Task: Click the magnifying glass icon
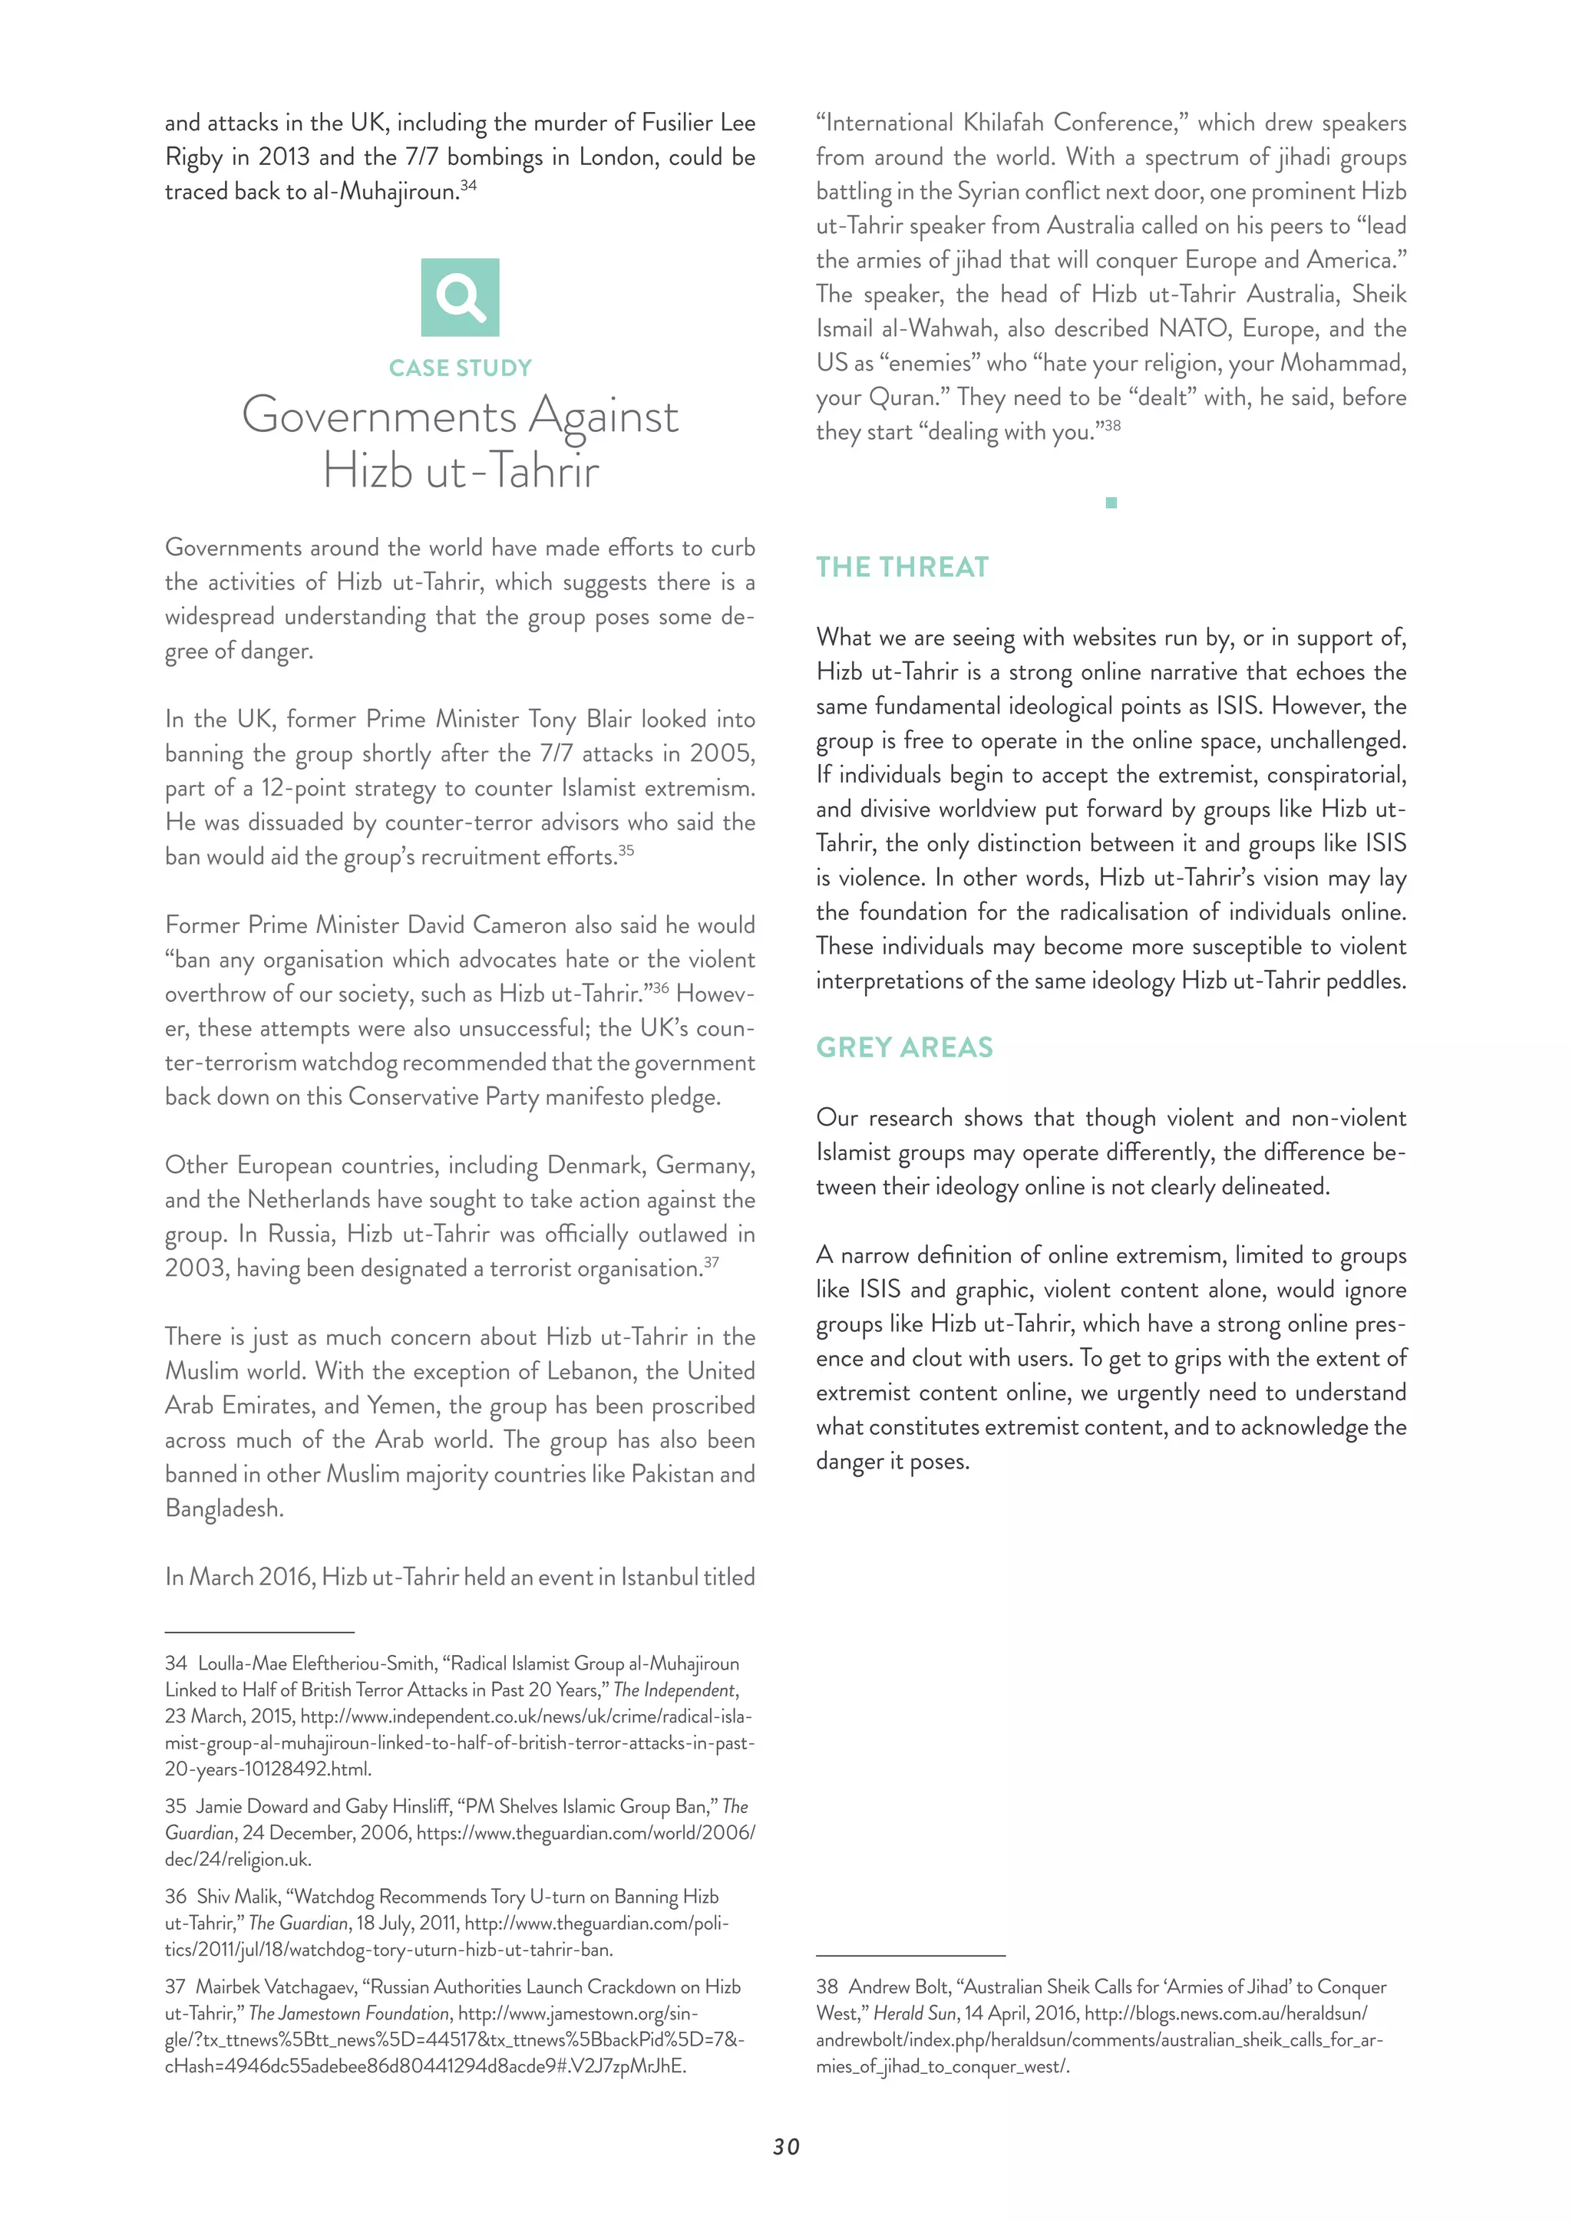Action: coord(460,297)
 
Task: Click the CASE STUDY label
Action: coord(460,368)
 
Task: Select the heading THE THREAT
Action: coord(902,567)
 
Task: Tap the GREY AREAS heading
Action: coord(904,1047)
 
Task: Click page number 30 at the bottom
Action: coord(786,2147)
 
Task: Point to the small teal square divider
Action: coord(1111,503)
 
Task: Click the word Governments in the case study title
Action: coord(378,416)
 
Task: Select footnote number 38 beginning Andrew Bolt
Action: coord(827,1986)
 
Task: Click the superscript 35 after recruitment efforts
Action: coord(626,851)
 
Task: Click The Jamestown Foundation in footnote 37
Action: coord(348,2013)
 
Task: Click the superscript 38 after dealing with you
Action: coord(1112,426)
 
